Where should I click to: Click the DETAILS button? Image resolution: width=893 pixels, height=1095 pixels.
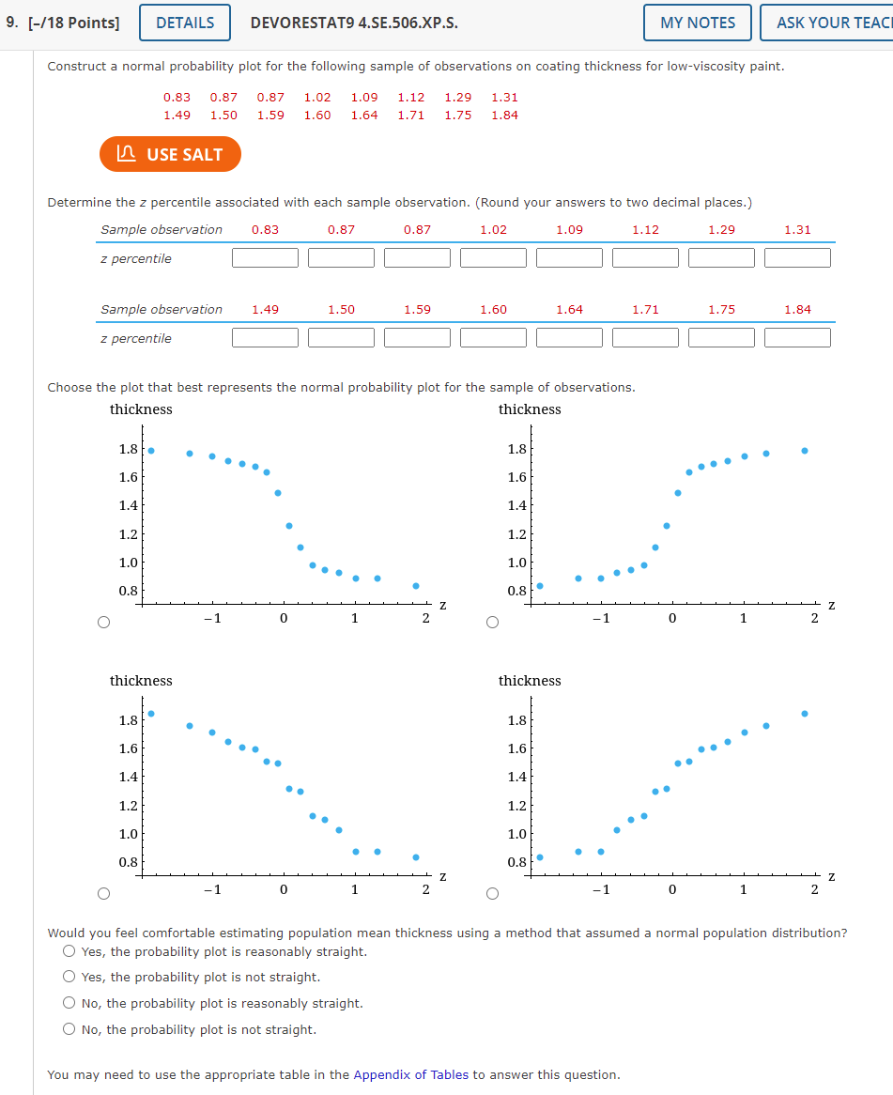click(184, 23)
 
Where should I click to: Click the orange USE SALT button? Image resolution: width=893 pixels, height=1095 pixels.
click(170, 155)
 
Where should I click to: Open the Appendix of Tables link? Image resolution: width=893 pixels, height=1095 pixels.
click(410, 1074)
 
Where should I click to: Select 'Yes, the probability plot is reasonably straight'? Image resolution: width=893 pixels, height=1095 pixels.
click(69, 951)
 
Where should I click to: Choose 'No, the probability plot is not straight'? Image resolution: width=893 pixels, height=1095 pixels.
click(69, 1029)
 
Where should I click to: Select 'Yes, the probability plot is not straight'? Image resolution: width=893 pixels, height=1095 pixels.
click(69, 978)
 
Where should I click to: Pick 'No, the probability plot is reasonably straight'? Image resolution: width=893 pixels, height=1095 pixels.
click(69, 1004)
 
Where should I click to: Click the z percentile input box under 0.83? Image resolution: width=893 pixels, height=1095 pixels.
click(265, 257)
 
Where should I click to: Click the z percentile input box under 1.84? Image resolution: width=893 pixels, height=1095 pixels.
click(797, 337)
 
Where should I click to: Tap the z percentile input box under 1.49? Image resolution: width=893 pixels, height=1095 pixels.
click(265, 337)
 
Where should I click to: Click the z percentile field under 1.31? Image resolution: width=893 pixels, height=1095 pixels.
click(797, 257)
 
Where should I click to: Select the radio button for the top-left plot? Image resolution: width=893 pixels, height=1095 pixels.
click(103, 622)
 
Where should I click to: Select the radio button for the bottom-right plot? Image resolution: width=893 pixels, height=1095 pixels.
click(492, 893)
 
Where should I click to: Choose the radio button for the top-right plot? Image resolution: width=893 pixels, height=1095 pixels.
click(492, 622)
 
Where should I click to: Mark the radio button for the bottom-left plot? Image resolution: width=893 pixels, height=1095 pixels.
click(103, 893)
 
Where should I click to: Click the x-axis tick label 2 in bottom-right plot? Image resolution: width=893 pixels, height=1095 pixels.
click(814, 889)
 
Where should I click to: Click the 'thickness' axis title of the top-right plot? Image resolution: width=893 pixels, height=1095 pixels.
click(530, 409)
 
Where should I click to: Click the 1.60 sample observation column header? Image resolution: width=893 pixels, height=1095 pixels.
click(493, 309)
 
